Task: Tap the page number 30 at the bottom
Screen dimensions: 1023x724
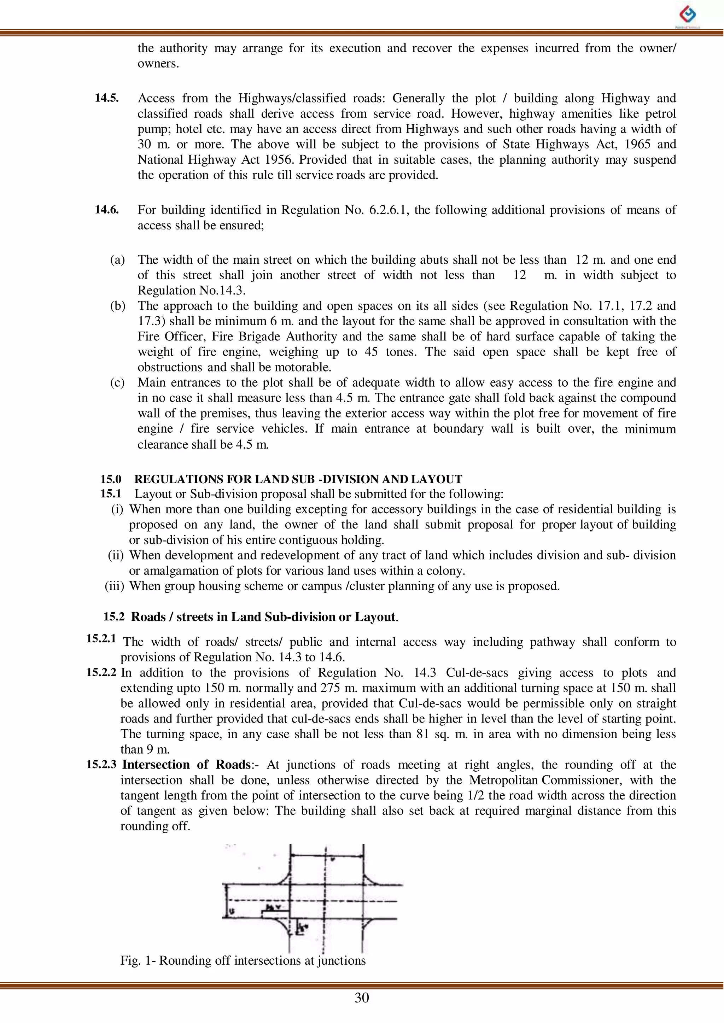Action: click(x=362, y=998)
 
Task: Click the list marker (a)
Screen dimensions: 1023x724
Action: click(x=117, y=260)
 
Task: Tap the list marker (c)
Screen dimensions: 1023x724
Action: click(x=117, y=382)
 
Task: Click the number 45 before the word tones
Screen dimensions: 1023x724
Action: click(x=371, y=352)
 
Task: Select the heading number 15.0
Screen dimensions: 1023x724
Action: click(x=111, y=479)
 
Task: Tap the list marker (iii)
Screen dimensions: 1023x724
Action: click(x=114, y=586)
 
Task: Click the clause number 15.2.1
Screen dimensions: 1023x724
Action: click(x=101, y=639)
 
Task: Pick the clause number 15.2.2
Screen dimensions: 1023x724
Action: click(x=101, y=672)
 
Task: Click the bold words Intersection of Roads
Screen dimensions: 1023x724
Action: click(x=186, y=765)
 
